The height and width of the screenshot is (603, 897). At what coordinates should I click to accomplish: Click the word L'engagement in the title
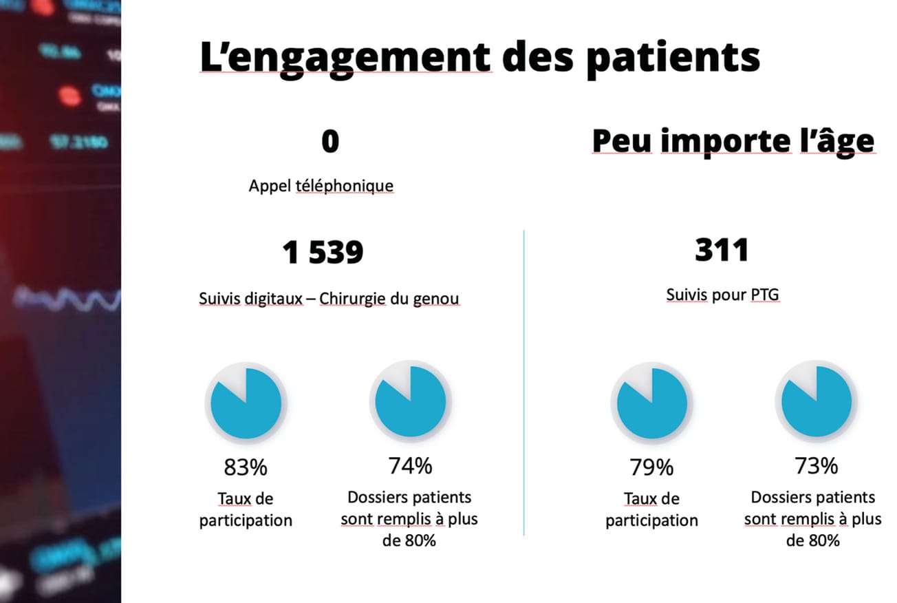pos(345,58)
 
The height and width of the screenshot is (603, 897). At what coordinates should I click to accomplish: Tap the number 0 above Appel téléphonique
pos(330,142)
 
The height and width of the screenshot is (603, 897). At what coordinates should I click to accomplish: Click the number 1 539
pos(323,253)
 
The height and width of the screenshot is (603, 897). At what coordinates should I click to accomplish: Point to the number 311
pos(722,250)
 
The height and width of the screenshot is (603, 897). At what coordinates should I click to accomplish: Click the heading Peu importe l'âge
pos(733,142)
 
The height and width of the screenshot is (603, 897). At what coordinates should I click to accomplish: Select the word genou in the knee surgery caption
pos(438,299)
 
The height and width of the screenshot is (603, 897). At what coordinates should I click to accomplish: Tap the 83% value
pos(246,468)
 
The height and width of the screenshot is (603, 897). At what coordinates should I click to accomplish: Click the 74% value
pos(410,466)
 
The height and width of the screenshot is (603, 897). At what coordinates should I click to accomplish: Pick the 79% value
pos(651,468)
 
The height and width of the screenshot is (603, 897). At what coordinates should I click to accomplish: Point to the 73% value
pos(816,466)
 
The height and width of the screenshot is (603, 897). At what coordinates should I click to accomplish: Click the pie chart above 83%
pos(246,403)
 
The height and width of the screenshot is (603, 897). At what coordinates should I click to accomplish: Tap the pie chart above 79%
pos(651,403)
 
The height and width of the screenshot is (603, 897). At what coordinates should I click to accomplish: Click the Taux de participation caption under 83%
pos(246,509)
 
